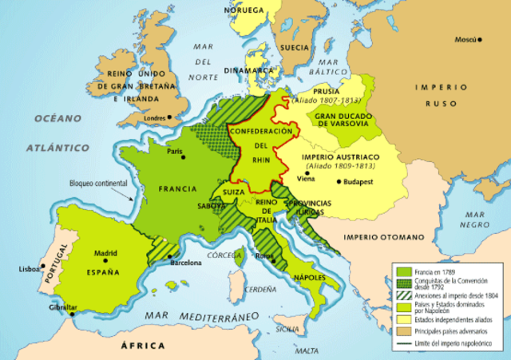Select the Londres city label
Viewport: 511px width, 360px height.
154,118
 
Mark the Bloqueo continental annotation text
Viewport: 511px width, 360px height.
97,182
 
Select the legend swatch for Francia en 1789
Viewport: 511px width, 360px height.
404,272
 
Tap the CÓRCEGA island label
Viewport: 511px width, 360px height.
224,255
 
